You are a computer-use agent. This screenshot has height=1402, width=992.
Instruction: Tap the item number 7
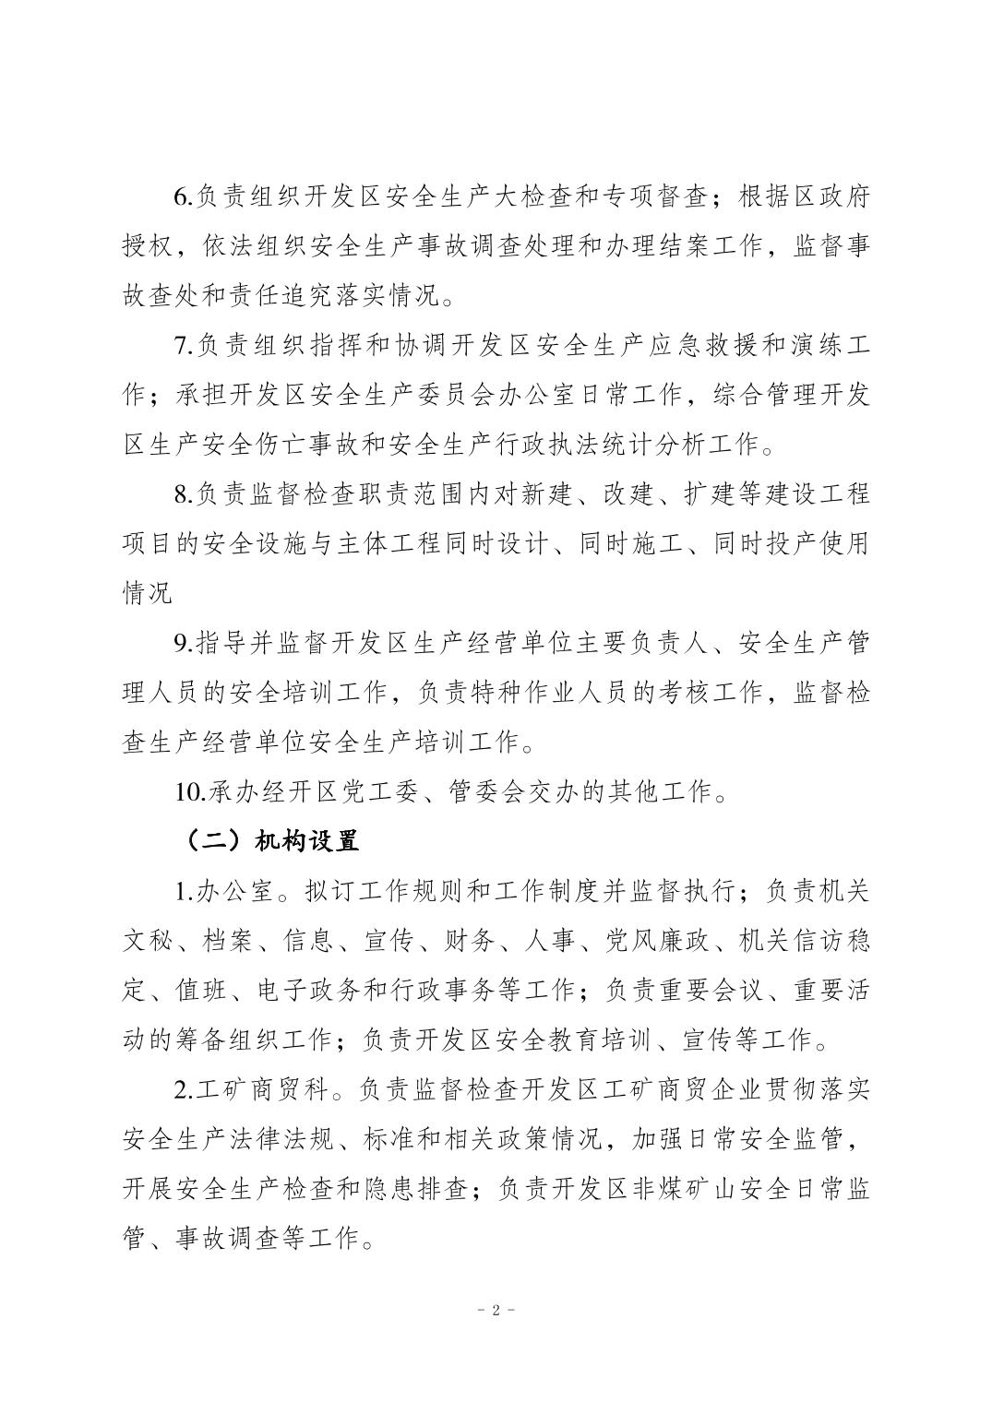[x=181, y=347]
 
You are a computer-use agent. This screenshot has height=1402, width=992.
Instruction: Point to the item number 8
[x=181, y=495]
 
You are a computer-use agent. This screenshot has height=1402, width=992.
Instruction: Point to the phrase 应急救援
[x=710, y=347]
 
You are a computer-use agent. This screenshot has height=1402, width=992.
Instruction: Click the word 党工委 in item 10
[x=376, y=791]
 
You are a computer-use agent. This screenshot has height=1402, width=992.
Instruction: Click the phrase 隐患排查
[x=415, y=1189]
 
